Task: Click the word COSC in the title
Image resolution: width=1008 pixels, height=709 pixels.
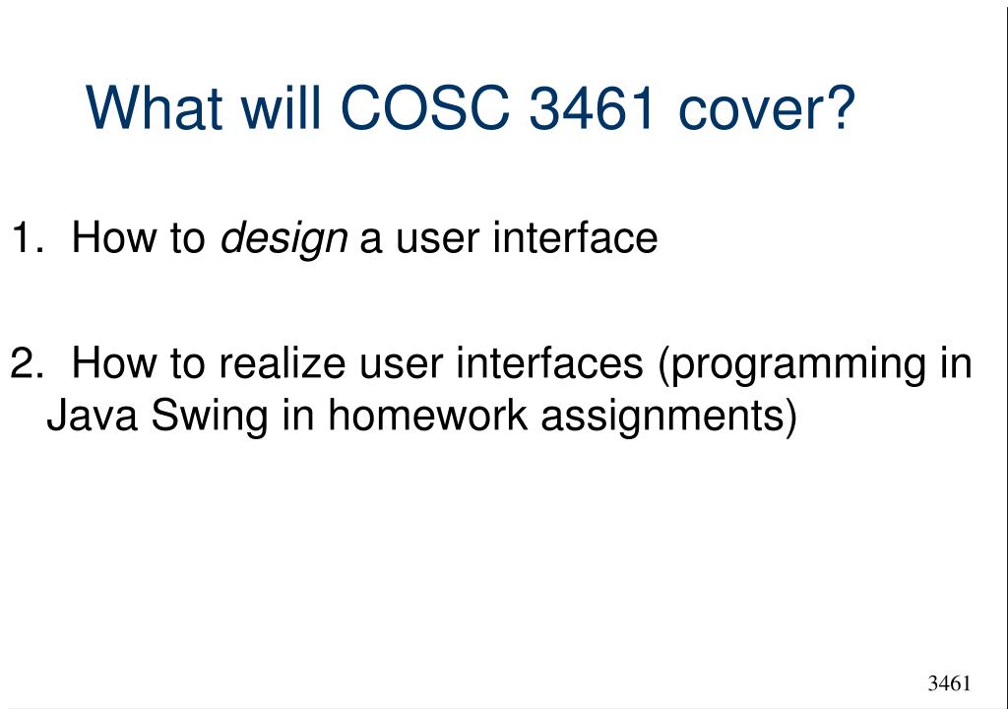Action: click(x=425, y=106)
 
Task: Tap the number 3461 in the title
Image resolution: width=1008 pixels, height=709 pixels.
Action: click(x=592, y=106)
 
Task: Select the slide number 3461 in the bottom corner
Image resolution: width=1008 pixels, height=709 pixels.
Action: click(x=949, y=682)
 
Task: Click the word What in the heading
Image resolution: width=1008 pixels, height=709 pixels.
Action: click(x=155, y=106)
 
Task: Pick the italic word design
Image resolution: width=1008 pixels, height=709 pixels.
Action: click(x=283, y=239)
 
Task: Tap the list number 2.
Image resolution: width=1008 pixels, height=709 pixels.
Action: click(x=27, y=362)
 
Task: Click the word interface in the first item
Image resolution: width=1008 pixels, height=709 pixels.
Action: click(x=575, y=236)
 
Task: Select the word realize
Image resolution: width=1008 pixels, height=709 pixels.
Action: click(x=283, y=362)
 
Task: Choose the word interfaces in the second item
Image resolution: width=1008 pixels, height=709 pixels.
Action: click(x=549, y=362)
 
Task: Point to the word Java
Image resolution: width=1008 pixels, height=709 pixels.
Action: click(x=92, y=415)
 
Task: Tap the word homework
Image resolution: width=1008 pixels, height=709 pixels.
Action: click(x=427, y=415)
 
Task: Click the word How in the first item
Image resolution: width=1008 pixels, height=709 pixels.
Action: click(x=114, y=237)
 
